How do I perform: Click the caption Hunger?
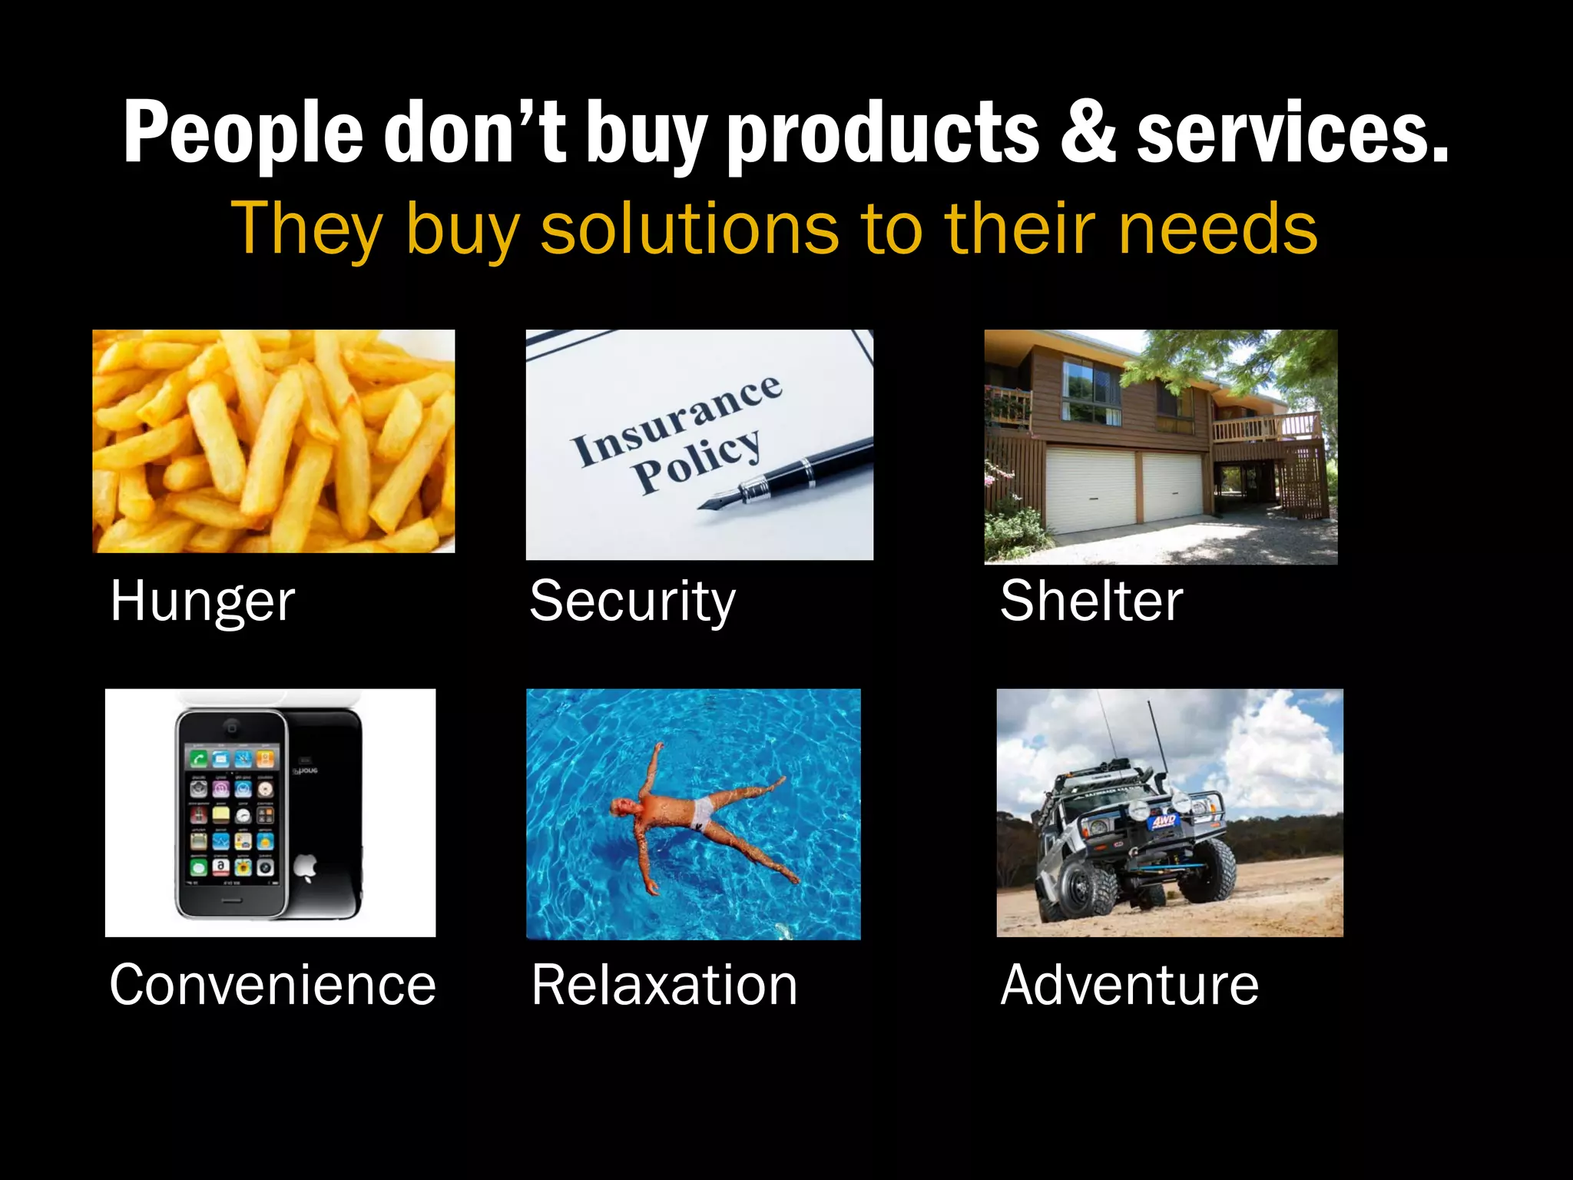coord(203,601)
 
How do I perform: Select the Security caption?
coord(632,601)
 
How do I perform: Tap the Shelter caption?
coord(1091,601)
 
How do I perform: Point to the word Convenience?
coord(273,985)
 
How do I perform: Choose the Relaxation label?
coord(664,985)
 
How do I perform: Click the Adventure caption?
coord(1129,985)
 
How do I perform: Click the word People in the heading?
coord(243,132)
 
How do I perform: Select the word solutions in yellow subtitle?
coord(689,228)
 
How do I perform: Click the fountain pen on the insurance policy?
coord(791,474)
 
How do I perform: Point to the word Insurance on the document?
coord(676,419)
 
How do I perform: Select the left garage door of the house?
coord(1091,490)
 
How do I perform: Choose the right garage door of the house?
coord(1171,486)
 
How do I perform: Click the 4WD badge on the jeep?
coord(1161,823)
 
